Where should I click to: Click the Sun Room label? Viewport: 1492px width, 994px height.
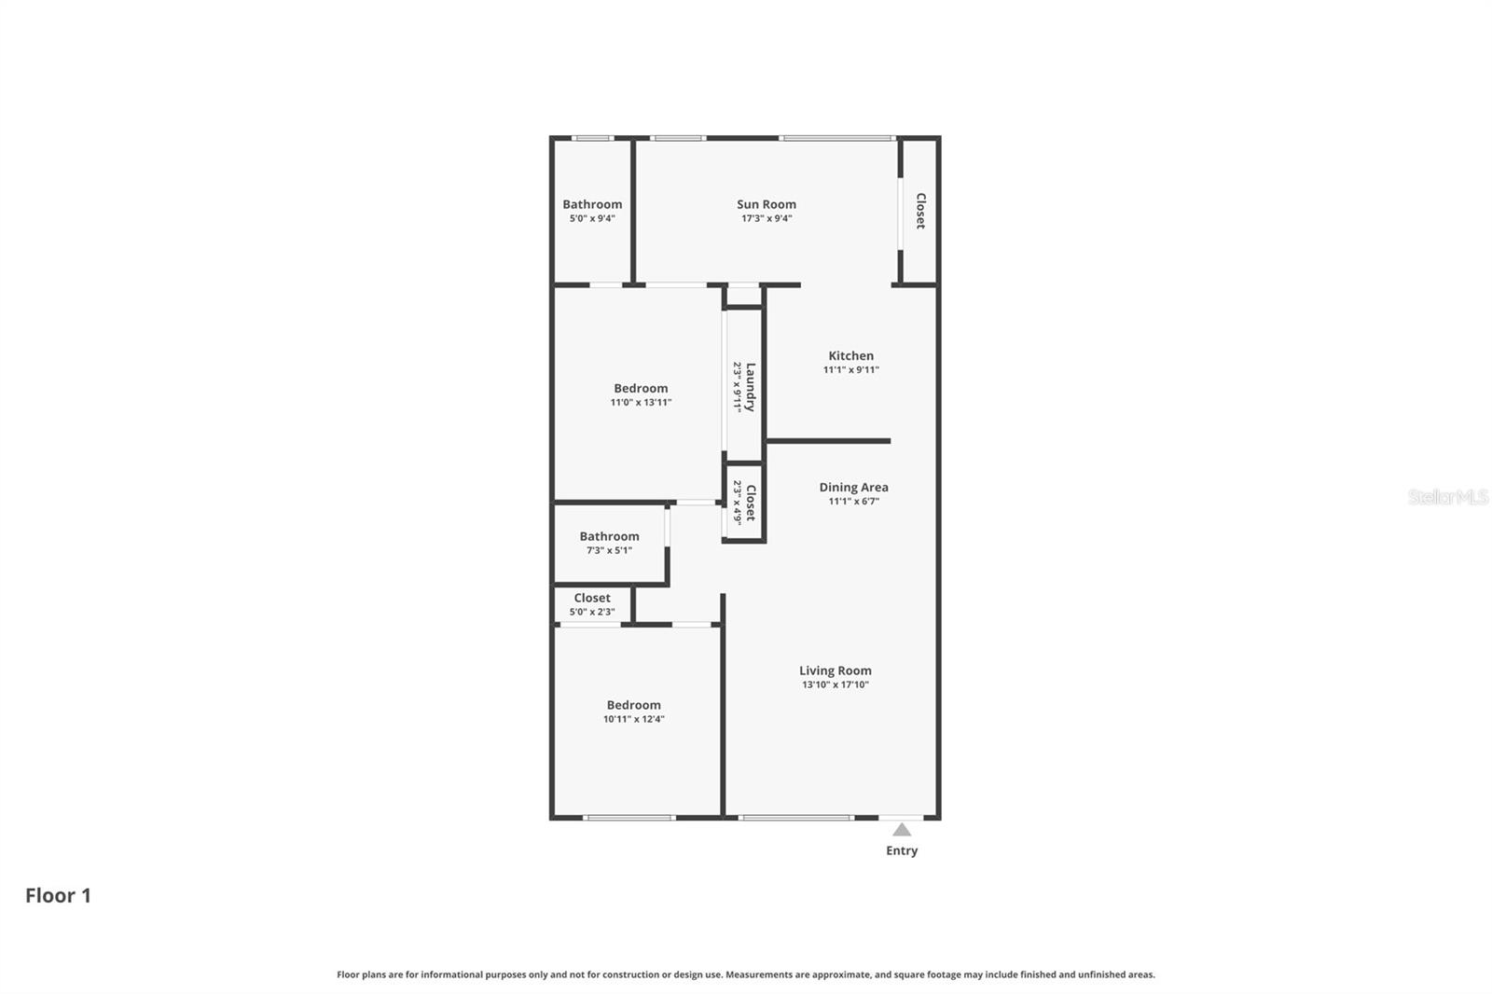click(766, 204)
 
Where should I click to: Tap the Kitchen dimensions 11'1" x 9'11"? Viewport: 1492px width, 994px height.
click(850, 370)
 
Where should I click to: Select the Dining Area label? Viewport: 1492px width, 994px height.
click(853, 487)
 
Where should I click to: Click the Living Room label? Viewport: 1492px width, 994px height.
click(835, 670)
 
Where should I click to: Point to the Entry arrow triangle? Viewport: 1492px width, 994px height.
click(902, 830)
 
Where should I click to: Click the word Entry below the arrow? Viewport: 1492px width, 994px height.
click(902, 850)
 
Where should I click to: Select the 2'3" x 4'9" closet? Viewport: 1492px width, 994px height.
click(745, 503)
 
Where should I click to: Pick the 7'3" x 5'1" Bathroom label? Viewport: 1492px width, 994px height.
click(609, 536)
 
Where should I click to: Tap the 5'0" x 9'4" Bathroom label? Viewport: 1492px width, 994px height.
click(592, 204)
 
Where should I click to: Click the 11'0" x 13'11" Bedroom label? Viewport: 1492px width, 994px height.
click(641, 389)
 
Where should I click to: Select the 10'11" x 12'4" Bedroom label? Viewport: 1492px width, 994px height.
click(633, 706)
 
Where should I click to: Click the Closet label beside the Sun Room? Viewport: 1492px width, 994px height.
click(920, 211)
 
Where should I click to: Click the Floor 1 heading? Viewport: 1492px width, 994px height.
click(58, 895)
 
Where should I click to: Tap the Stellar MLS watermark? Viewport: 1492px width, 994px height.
click(1447, 497)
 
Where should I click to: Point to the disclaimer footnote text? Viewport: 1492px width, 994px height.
click(745, 974)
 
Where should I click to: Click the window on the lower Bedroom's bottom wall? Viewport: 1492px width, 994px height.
click(629, 818)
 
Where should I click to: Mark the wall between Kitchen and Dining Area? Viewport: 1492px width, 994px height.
click(828, 441)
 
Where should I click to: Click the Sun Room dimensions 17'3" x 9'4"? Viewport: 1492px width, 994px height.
click(766, 219)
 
